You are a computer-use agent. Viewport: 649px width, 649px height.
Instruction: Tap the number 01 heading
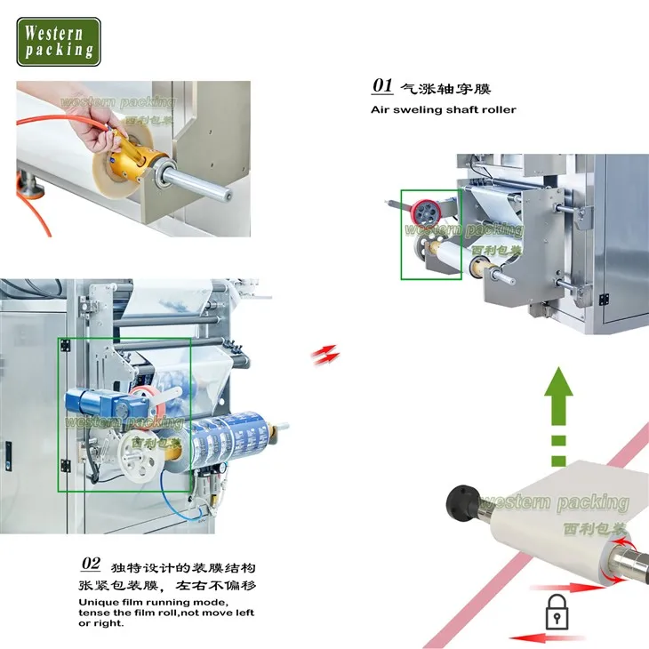pos(382,86)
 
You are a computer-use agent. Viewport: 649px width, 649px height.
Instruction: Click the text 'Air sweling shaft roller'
pos(443,110)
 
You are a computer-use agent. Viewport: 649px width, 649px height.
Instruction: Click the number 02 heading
pos(91,564)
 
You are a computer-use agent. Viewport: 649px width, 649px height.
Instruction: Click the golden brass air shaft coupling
pos(132,162)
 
